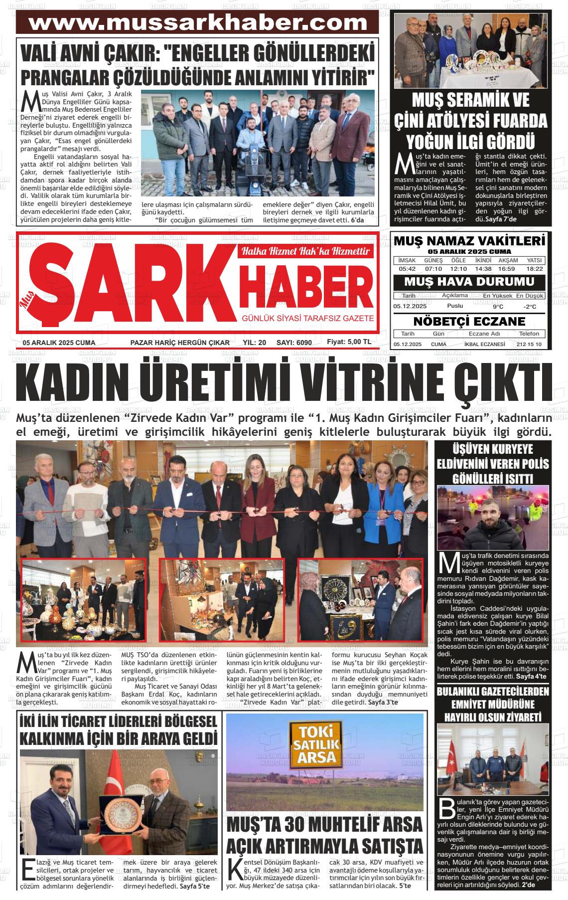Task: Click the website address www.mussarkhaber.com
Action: coord(198,23)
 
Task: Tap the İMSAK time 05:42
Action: coord(407,269)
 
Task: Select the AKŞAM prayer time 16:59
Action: coord(509,269)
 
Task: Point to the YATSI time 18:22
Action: coord(534,269)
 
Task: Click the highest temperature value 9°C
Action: coord(498,306)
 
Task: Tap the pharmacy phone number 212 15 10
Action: coord(529,345)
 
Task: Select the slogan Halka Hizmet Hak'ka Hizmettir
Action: coord(305,252)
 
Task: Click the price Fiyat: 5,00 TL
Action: coord(349,342)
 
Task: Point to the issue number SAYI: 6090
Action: coord(293,343)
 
